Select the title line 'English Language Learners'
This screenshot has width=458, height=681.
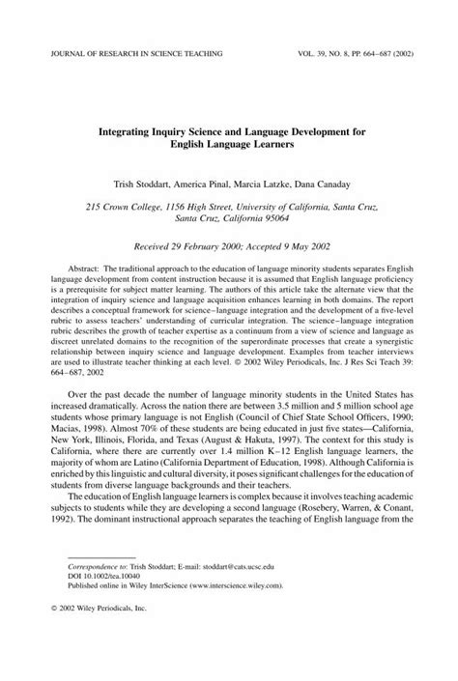pyautogui.click(x=229, y=141)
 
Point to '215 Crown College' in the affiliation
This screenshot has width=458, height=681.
pyautogui.click(x=128, y=207)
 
